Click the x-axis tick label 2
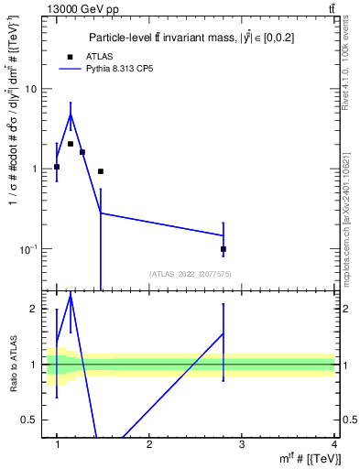(x=149, y=444)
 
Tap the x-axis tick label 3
(x=242, y=444)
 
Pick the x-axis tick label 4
(x=334, y=444)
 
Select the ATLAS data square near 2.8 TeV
(x=224, y=249)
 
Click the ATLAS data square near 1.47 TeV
(x=101, y=171)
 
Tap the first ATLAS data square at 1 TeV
(x=57, y=167)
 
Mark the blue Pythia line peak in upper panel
(x=71, y=114)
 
